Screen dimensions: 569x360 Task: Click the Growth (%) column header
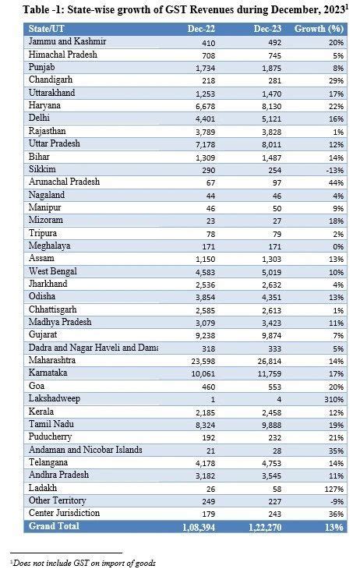[323, 28]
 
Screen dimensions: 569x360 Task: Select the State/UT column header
[48, 28]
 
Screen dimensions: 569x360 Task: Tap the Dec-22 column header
[192, 28]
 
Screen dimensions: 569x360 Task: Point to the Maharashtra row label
[55, 361]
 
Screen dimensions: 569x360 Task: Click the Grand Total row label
[55, 526]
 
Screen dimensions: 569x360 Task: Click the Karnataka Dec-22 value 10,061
[195, 374]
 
